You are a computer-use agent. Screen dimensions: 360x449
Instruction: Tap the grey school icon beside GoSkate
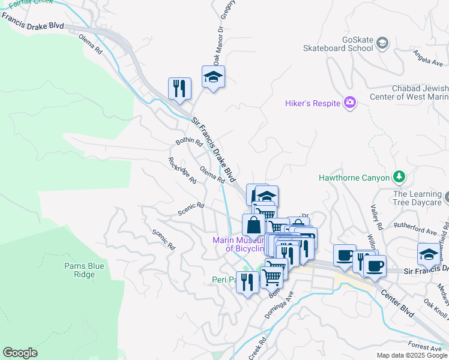pos(382,43)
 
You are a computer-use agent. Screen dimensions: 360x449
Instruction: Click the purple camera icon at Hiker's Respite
pos(349,103)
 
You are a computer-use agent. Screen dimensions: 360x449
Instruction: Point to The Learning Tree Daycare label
pos(417,199)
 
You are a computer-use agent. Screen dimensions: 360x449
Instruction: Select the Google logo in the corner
pos(20,353)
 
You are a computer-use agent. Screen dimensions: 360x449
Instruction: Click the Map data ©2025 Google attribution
pos(411,355)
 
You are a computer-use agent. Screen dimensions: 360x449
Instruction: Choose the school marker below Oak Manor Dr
pos(213,77)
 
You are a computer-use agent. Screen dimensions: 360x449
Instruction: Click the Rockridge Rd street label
pos(182,170)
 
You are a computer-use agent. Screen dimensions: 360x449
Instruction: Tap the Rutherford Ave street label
pos(415,227)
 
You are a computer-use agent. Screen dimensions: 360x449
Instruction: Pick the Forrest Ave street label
pos(424,347)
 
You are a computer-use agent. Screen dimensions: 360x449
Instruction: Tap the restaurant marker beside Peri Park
pos(247,281)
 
